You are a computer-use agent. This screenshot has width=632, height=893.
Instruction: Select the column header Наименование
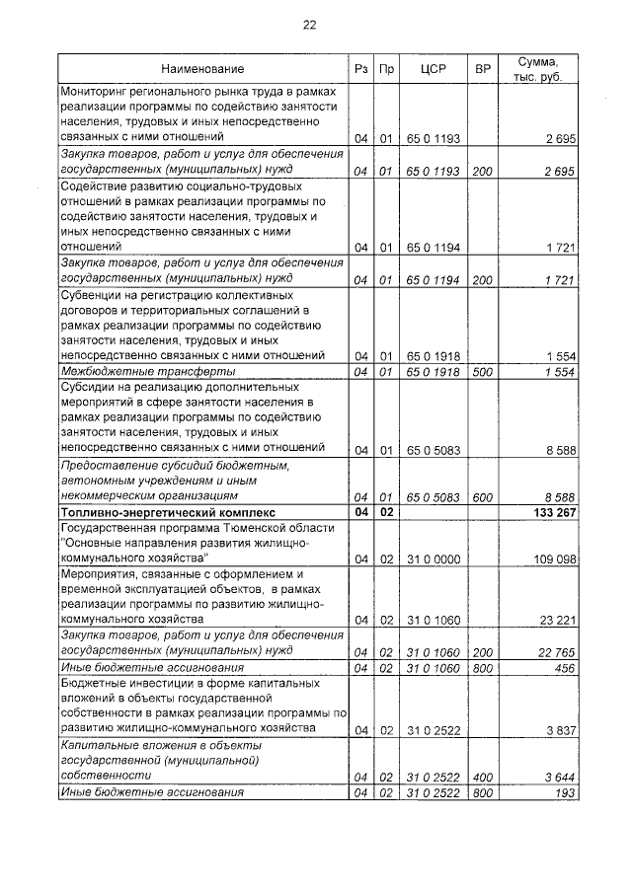(202, 69)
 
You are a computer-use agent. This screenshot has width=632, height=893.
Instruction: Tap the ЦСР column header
(434, 69)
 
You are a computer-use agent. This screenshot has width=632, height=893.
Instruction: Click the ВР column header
(482, 69)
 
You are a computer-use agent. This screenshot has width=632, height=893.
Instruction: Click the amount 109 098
(551, 558)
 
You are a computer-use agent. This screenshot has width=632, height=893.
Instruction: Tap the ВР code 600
(482, 497)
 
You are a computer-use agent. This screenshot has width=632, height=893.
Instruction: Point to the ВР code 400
(482, 777)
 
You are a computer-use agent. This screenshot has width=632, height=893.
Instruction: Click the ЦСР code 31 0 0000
(434, 558)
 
